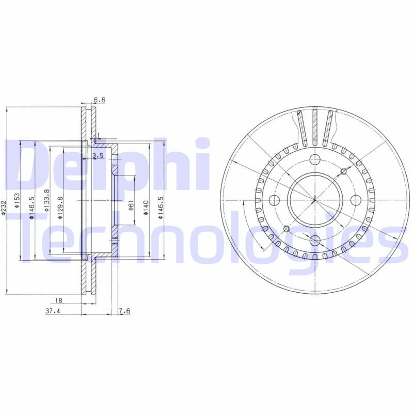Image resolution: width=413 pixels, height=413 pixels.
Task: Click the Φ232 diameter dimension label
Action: tap(5, 207)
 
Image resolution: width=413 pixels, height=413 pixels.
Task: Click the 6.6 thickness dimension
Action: tap(99, 100)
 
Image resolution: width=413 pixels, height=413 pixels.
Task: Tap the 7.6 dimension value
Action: tap(124, 311)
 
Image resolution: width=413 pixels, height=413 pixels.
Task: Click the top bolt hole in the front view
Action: tap(314, 158)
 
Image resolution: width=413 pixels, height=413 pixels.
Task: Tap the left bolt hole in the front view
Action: tap(273, 199)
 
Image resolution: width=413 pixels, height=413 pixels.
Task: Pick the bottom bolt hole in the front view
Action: tap(314, 240)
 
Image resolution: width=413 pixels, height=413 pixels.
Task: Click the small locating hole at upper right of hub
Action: tap(343, 171)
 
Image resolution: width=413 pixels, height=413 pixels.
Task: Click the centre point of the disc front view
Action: tap(314, 199)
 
